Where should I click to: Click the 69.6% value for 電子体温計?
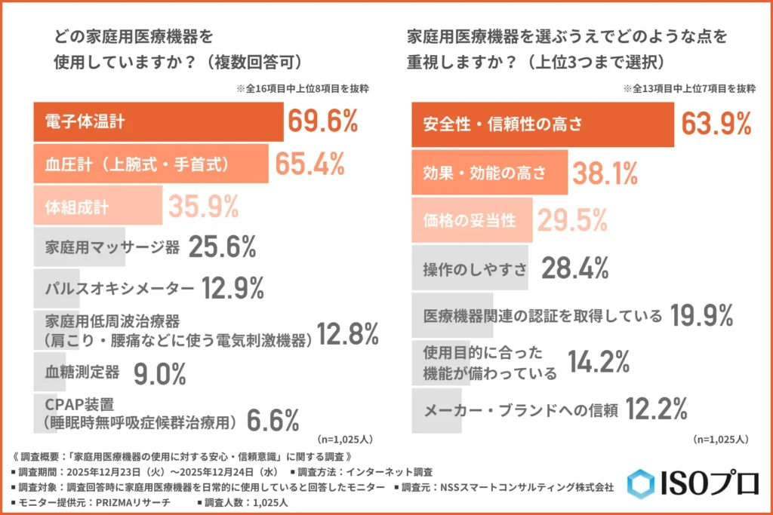click(322, 122)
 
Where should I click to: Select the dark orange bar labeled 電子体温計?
click(159, 122)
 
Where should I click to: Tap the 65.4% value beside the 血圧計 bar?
click(310, 164)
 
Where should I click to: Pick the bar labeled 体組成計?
click(97, 205)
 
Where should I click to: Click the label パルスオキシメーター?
click(120, 287)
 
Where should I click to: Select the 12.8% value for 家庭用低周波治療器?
click(346, 333)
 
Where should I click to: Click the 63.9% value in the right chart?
click(716, 123)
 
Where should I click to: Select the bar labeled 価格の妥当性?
click(472, 220)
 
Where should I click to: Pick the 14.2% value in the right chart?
click(599, 362)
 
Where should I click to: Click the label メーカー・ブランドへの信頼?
click(521, 411)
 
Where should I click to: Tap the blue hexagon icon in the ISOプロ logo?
click(641, 483)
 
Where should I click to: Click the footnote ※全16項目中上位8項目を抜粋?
click(303, 88)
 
